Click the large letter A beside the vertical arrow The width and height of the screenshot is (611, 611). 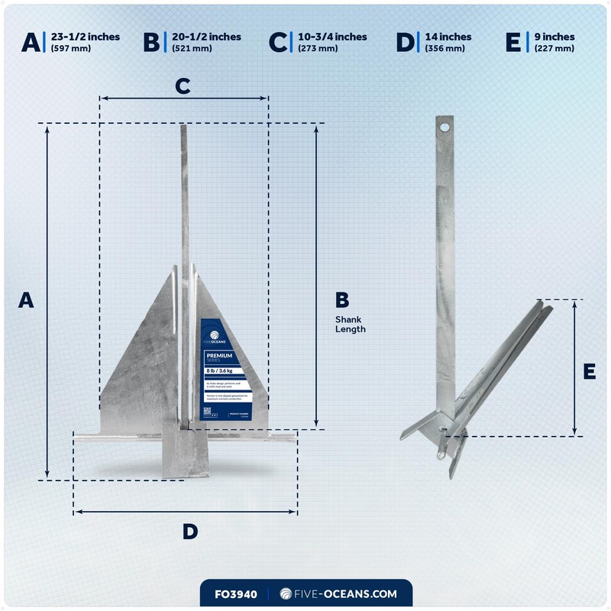pos(27,300)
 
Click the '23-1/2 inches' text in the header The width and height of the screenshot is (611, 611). pos(85,37)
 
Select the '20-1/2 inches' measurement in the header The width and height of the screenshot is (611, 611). pos(206,37)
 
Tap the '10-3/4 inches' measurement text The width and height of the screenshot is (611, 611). pos(331,37)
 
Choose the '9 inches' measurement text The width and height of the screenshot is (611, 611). pos(554,37)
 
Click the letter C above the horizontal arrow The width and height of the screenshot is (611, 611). pos(183,86)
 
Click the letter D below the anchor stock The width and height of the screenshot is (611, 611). pos(190,532)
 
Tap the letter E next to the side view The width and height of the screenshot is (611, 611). pos(589,371)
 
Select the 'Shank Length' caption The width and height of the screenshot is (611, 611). pos(351,325)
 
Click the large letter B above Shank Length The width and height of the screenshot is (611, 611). pos(342,299)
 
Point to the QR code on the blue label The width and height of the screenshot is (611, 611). pos(208,412)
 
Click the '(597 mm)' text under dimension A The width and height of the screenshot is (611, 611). pos(67,48)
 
